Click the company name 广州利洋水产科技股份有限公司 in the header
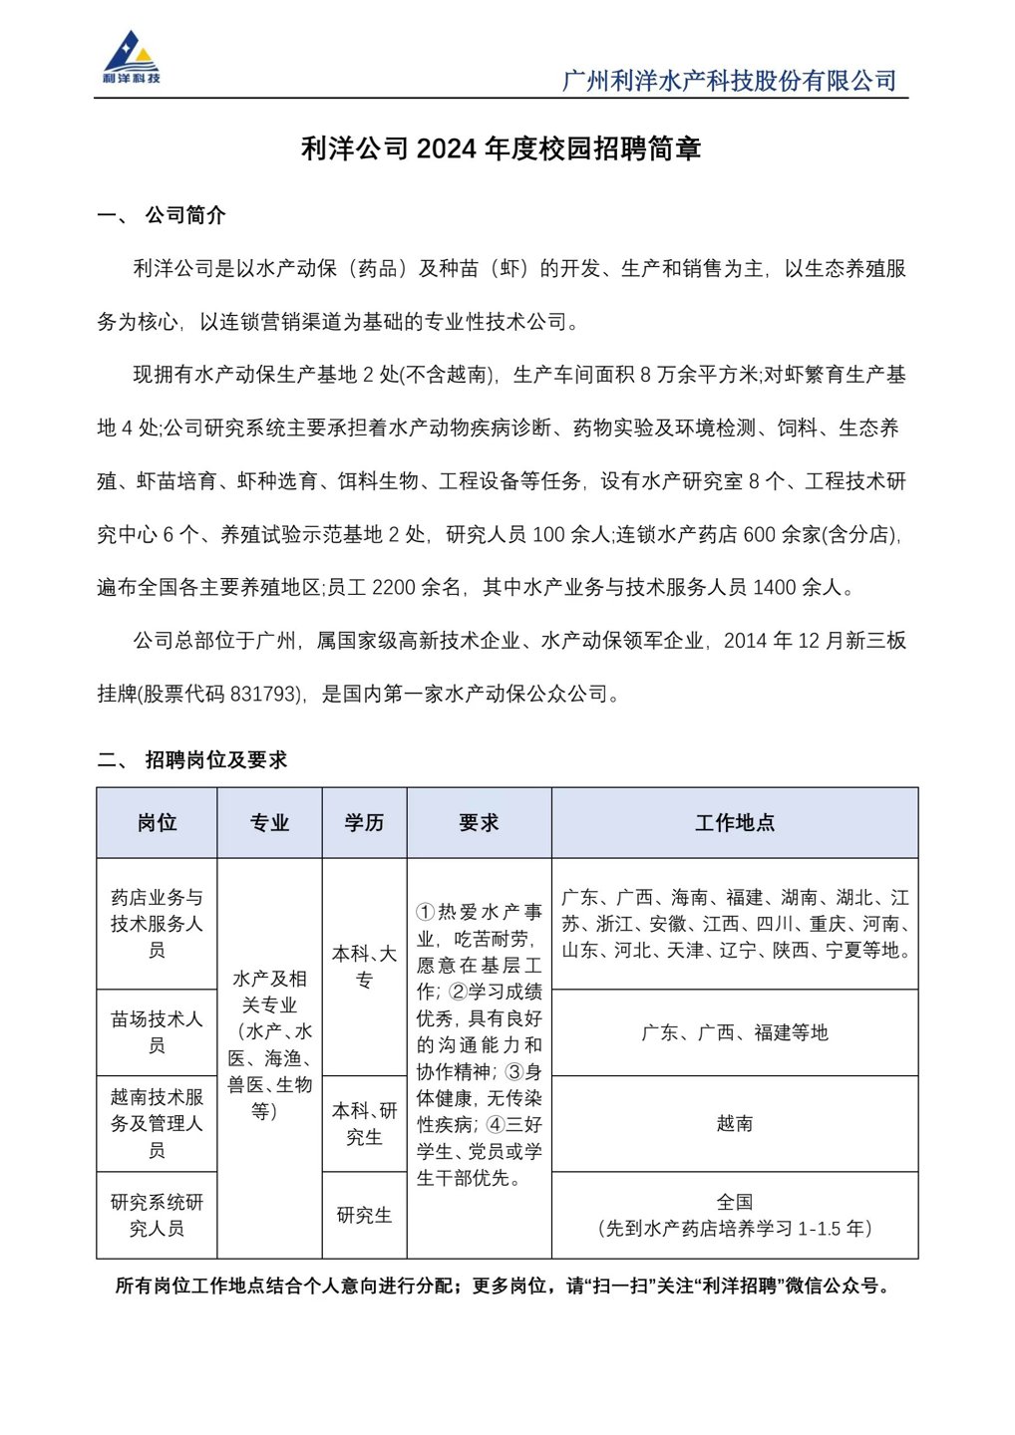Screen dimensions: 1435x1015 [729, 81]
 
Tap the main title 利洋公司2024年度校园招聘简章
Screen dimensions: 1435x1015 [502, 148]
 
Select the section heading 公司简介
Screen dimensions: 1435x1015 [185, 215]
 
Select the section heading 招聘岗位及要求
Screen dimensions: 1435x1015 [215, 759]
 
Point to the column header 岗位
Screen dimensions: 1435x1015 [157, 823]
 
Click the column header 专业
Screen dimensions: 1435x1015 [269, 823]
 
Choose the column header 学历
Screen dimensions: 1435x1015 [364, 823]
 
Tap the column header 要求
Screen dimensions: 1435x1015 [479, 823]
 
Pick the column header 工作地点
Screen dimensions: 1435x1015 [735, 823]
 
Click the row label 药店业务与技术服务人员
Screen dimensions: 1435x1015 [157, 924]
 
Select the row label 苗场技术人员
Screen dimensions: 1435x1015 [157, 1032]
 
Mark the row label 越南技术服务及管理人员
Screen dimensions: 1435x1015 [157, 1123]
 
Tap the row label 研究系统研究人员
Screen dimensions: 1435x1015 [157, 1215]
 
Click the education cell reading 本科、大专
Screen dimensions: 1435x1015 [364, 967]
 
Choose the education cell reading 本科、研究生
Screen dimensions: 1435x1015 [364, 1123]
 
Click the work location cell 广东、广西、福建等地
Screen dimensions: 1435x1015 [735, 1032]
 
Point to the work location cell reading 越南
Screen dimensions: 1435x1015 [735, 1123]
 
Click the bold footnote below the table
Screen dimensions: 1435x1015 [505, 1286]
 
